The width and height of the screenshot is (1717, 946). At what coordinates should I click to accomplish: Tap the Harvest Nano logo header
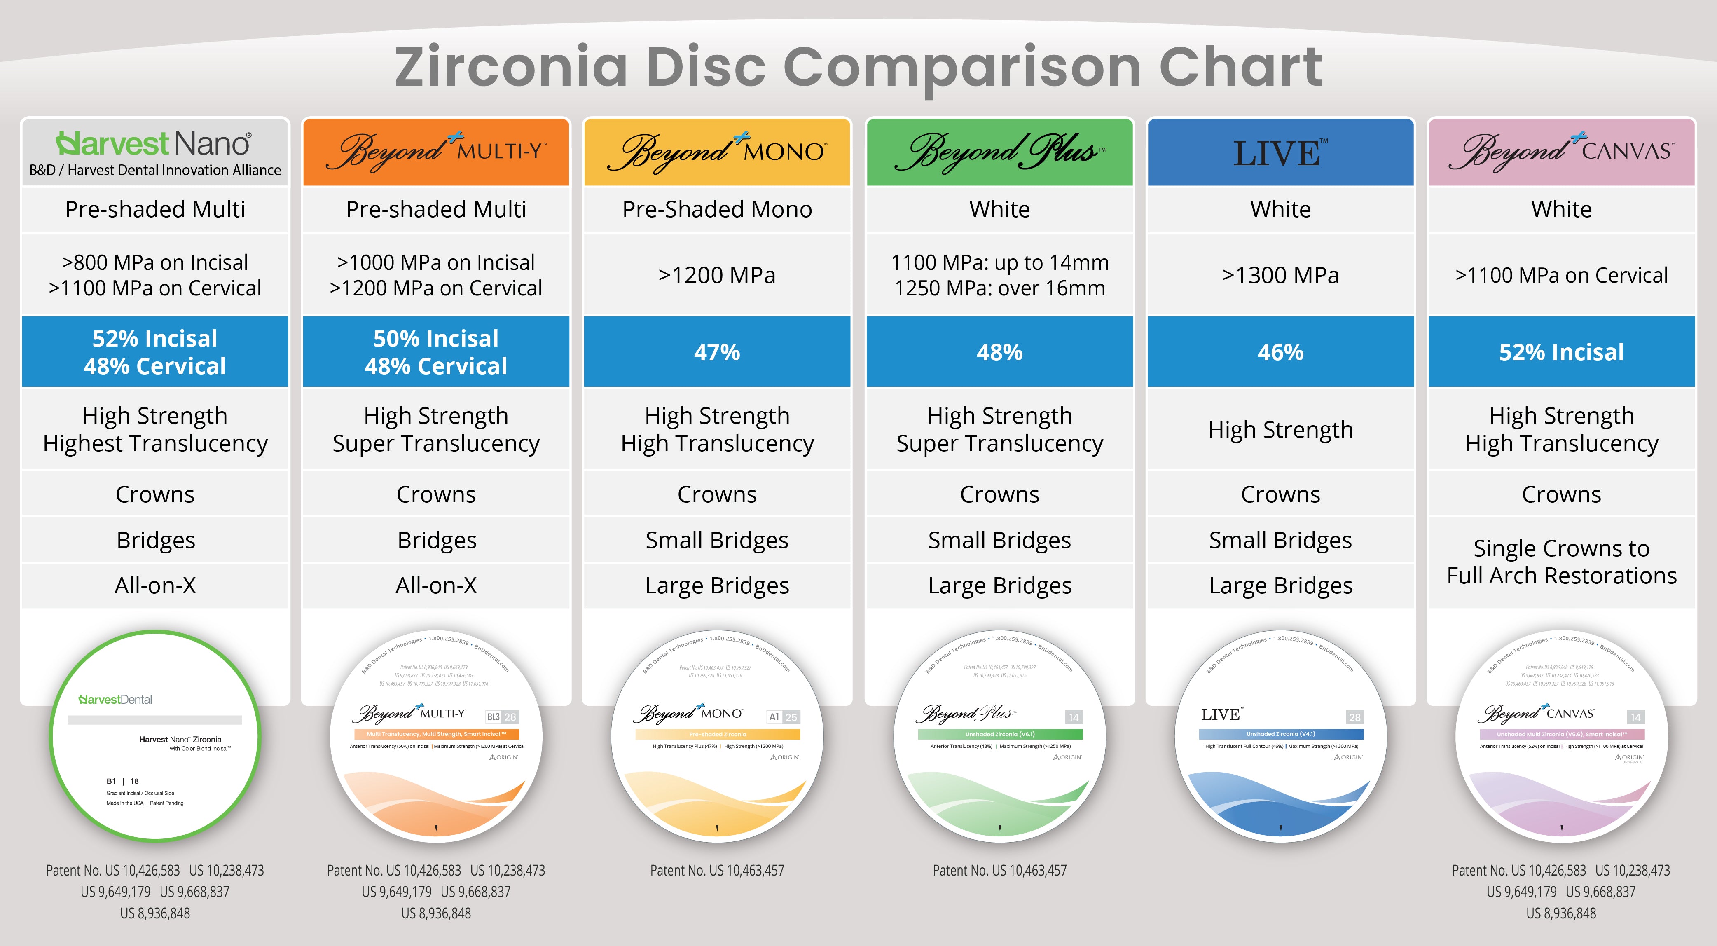point(154,152)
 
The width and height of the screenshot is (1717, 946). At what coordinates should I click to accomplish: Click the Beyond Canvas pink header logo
point(1561,152)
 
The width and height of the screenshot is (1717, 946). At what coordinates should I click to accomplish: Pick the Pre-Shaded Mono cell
point(717,209)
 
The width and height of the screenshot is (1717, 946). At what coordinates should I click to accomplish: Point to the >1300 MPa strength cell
point(1280,275)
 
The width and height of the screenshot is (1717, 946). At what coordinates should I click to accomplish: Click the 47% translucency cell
point(717,352)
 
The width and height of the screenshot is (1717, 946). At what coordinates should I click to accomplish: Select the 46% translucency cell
point(1280,352)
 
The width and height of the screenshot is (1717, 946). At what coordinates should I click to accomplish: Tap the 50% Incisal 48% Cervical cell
point(436,352)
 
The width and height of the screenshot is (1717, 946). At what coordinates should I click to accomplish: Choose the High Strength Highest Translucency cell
point(154,429)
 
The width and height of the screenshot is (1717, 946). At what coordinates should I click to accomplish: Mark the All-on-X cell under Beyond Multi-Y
point(436,585)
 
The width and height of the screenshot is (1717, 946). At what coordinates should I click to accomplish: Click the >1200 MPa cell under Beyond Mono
point(717,275)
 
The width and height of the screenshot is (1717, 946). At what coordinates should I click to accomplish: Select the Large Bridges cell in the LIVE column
point(1280,585)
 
